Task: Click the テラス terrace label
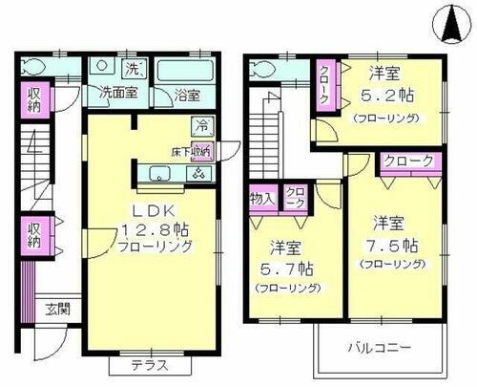pyautogui.click(x=149, y=363)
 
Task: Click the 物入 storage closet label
pyautogui.click(x=261, y=198)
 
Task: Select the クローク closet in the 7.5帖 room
pyautogui.click(x=408, y=161)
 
